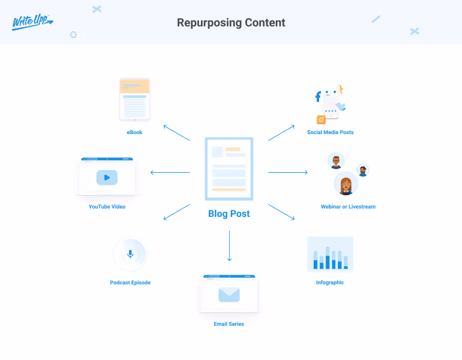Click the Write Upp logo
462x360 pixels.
pyautogui.click(x=32, y=22)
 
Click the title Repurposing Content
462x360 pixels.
pyautogui.click(x=231, y=22)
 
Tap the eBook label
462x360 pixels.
pyautogui.click(x=135, y=132)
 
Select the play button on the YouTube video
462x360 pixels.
pyautogui.click(x=107, y=177)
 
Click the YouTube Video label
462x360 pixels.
pyautogui.click(x=107, y=207)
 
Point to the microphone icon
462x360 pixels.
pyautogui.click(x=130, y=254)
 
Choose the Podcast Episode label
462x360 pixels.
pyautogui.click(x=130, y=283)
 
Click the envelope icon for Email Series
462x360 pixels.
pyautogui.click(x=229, y=294)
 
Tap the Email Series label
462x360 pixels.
pyautogui.click(x=229, y=324)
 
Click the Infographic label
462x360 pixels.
pyautogui.click(x=330, y=283)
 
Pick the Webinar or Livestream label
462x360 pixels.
pyautogui.click(x=348, y=207)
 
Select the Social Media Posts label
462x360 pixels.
pyautogui.click(x=330, y=132)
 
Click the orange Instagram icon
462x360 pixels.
pyautogui.click(x=321, y=119)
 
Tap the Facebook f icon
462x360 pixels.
pyautogui.click(x=318, y=96)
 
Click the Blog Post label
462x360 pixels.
pyautogui.click(x=229, y=214)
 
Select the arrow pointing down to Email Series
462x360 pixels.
pyautogui.click(x=229, y=246)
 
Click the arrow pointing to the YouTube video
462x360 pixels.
pyautogui.click(x=170, y=172)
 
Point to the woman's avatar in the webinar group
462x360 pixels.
pyautogui.click(x=346, y=184)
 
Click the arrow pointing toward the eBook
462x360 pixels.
pyautogui.click(x=176, y=133)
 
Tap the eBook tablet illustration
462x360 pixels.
pyautogui.click(x=135, y=99)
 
